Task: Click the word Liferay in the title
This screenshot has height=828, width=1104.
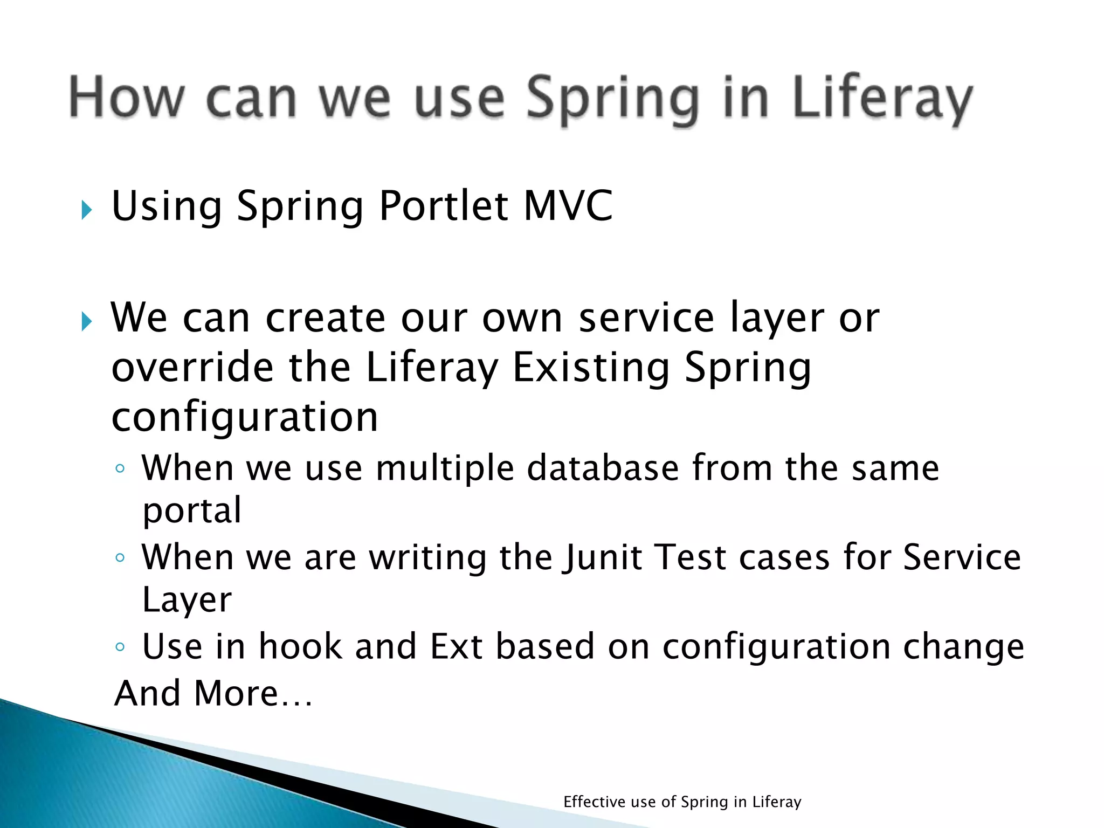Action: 882,98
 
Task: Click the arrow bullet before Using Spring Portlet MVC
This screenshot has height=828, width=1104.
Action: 86,210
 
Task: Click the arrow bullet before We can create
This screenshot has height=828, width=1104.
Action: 86,322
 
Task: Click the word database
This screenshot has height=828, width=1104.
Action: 603,467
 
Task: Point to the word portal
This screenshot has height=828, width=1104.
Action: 192,510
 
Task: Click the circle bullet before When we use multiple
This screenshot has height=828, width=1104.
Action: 120,468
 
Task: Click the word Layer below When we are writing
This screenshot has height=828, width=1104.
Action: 187,600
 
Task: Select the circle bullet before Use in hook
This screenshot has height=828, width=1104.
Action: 120,646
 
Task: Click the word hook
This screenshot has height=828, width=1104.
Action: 300,646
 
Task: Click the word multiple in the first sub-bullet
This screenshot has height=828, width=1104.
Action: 445,467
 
